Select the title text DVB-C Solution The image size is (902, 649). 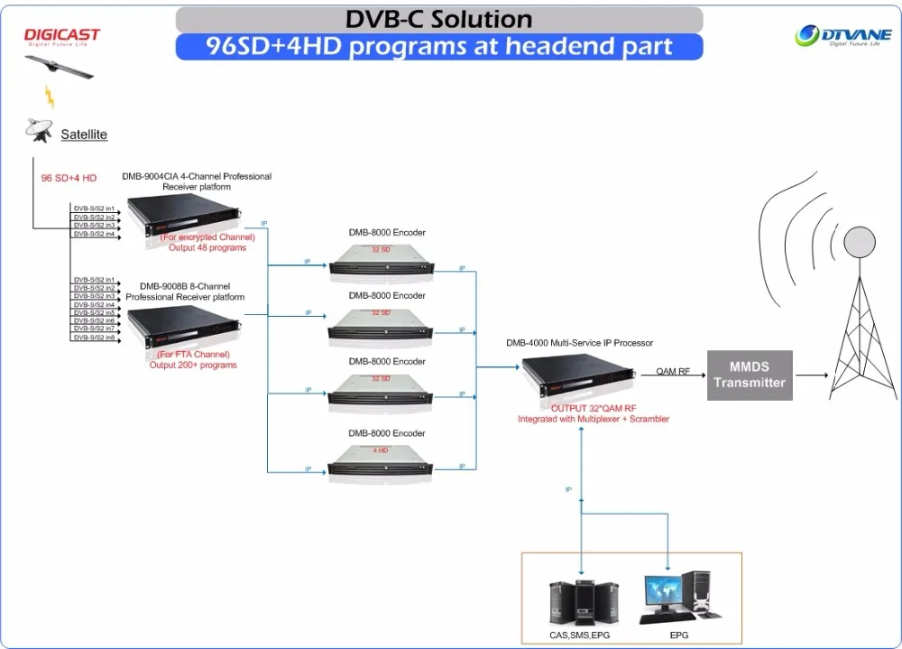click(439, 19)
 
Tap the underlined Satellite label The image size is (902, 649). click(84, 134)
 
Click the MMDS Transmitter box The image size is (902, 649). click(749, 374)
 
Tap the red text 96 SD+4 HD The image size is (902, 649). click(69, 178)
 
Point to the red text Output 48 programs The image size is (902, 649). click(207, 247)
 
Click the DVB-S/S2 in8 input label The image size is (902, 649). click(94, 338)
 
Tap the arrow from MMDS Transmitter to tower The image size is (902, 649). click(812, 374)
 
